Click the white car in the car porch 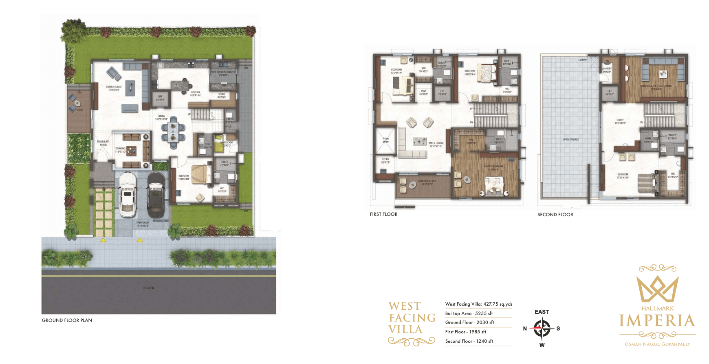click(128, 194)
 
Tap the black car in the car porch click(156, 195)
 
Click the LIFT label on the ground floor click(160, 98)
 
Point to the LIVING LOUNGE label click(114, 88)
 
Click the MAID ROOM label click(226, 144)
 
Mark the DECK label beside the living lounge click(80, 110)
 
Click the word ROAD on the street click(149, 288)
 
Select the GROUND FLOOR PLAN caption click(67, 320)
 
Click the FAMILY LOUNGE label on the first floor click(436, 144)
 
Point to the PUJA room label click(424, 92)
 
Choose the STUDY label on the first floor click(385, 160)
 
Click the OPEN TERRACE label click(571, 140)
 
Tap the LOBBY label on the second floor click(620, 121)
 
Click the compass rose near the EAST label click(542, 328)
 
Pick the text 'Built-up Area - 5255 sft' click(469, 313)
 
